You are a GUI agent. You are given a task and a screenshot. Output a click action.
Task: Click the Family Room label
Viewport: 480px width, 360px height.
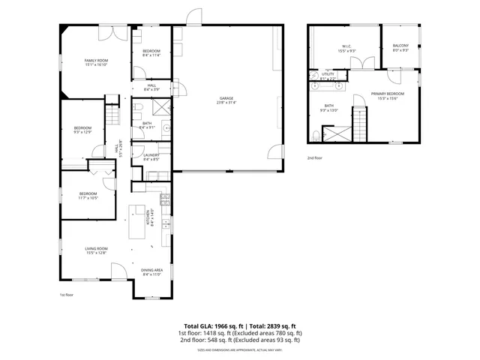pos(95,62)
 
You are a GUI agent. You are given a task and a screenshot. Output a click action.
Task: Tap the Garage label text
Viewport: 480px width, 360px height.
pos(226,100)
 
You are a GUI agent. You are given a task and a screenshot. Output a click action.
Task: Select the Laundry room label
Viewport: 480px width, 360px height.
pos(151,157)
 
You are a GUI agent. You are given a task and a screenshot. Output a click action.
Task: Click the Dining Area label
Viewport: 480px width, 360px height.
pos(152,272)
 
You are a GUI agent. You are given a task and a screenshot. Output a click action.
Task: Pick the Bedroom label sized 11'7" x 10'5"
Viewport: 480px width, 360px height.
pos(88,196)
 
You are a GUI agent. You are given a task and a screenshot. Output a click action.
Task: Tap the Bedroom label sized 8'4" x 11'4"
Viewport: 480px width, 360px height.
pos(151,52)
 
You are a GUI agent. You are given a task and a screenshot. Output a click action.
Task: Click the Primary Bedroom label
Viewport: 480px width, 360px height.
pos(387,95)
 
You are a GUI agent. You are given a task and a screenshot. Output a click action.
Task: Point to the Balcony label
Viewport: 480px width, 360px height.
pos(400,49)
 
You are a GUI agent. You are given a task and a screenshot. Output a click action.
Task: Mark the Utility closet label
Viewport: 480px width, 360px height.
pos(328,76)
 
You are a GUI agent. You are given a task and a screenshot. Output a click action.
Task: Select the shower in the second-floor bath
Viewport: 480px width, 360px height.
pos(334,133)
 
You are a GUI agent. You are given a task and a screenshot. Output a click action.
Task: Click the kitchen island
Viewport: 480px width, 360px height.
pos(136,219)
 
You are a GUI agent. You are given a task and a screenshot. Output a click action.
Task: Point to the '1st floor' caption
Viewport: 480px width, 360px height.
pos(67,295)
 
